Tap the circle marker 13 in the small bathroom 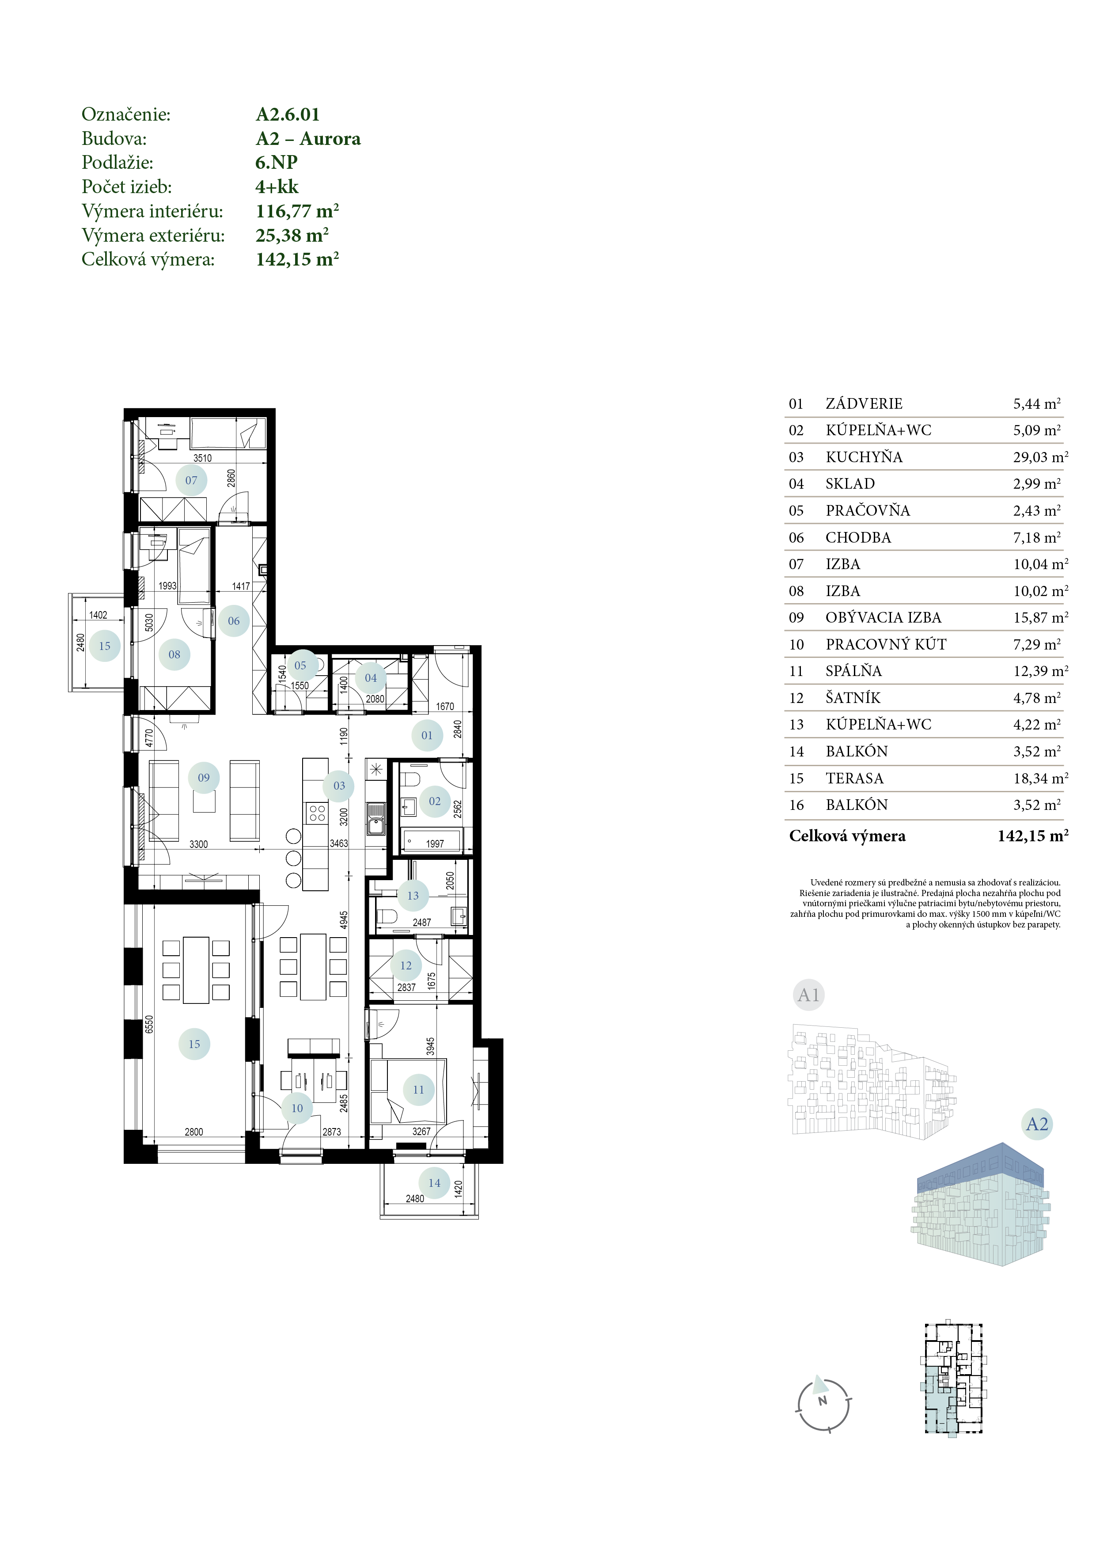(413, 895)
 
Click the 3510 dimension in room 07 (202, 458)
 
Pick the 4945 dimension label (344, 919)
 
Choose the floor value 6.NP (277, 162)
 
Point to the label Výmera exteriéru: (153, 235)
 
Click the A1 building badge (808, 995)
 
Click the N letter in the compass (823, 1401)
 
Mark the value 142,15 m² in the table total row (1033, 836)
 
